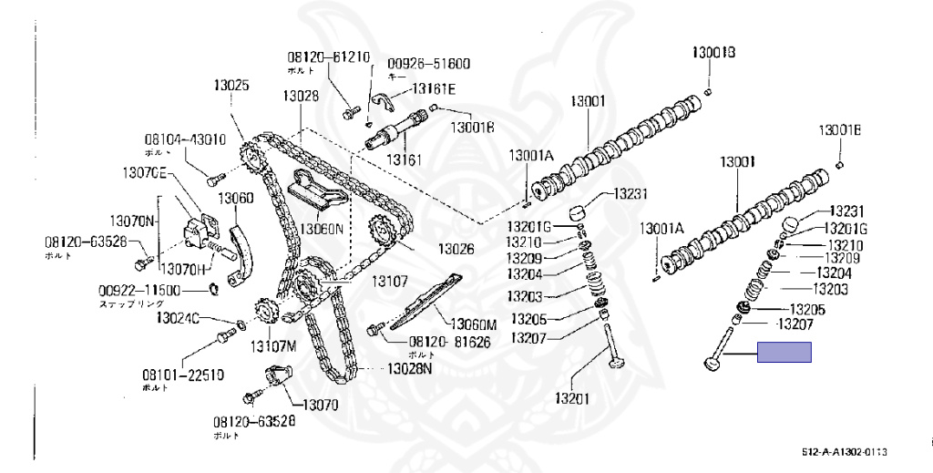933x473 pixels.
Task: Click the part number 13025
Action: (x=231, y=86)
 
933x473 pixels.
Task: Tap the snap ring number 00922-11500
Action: (x=139, y=291)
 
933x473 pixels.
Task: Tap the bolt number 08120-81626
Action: (x=440, y=342)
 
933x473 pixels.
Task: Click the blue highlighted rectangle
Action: (x=784, y=353)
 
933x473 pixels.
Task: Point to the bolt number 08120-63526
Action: (x=85, y=242)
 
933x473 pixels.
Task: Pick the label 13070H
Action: (x=187, y=270)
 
